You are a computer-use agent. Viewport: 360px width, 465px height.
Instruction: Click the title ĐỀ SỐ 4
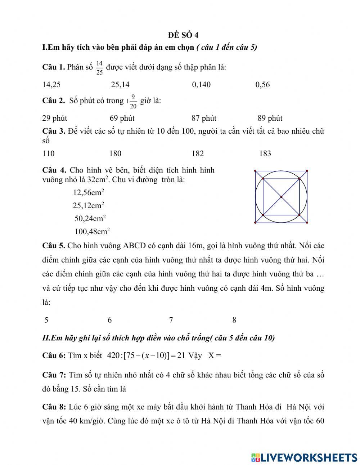(x=183, y=35)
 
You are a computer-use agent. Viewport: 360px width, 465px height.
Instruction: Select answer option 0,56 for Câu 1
(x=262, y=85)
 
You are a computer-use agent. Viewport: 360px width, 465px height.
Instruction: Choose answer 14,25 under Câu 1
(x=51, y=85)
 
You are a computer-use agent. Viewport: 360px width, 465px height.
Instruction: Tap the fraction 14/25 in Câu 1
(x=99, y=67)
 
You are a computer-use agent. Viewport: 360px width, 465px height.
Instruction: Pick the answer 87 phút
(x=204, y=118)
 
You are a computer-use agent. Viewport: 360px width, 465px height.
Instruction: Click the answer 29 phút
(x=55, y=118)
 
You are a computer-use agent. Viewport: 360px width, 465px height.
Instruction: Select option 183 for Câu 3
(x=265, y=154)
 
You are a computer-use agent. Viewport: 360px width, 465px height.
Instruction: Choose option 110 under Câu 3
(x=49, y=154)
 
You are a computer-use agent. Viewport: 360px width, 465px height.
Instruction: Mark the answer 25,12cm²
(x=88, y=205)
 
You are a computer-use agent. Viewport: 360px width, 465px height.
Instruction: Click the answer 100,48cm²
(x=92, y=231)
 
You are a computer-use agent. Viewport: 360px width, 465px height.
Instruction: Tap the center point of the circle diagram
(x=281, y=197)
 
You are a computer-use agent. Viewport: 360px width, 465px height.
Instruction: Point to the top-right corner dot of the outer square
(x=307, y=171)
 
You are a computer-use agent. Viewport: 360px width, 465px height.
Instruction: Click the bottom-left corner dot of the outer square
(x=255, y=223)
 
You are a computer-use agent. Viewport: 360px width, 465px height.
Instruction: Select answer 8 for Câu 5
(x=234, y=320)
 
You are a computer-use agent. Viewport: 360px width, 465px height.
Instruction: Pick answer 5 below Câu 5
(x=46, y=320)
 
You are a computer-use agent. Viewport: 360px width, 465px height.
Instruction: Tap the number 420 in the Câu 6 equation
(x=113, y=356)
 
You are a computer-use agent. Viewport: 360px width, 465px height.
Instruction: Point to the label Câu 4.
(x=54, y=170)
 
